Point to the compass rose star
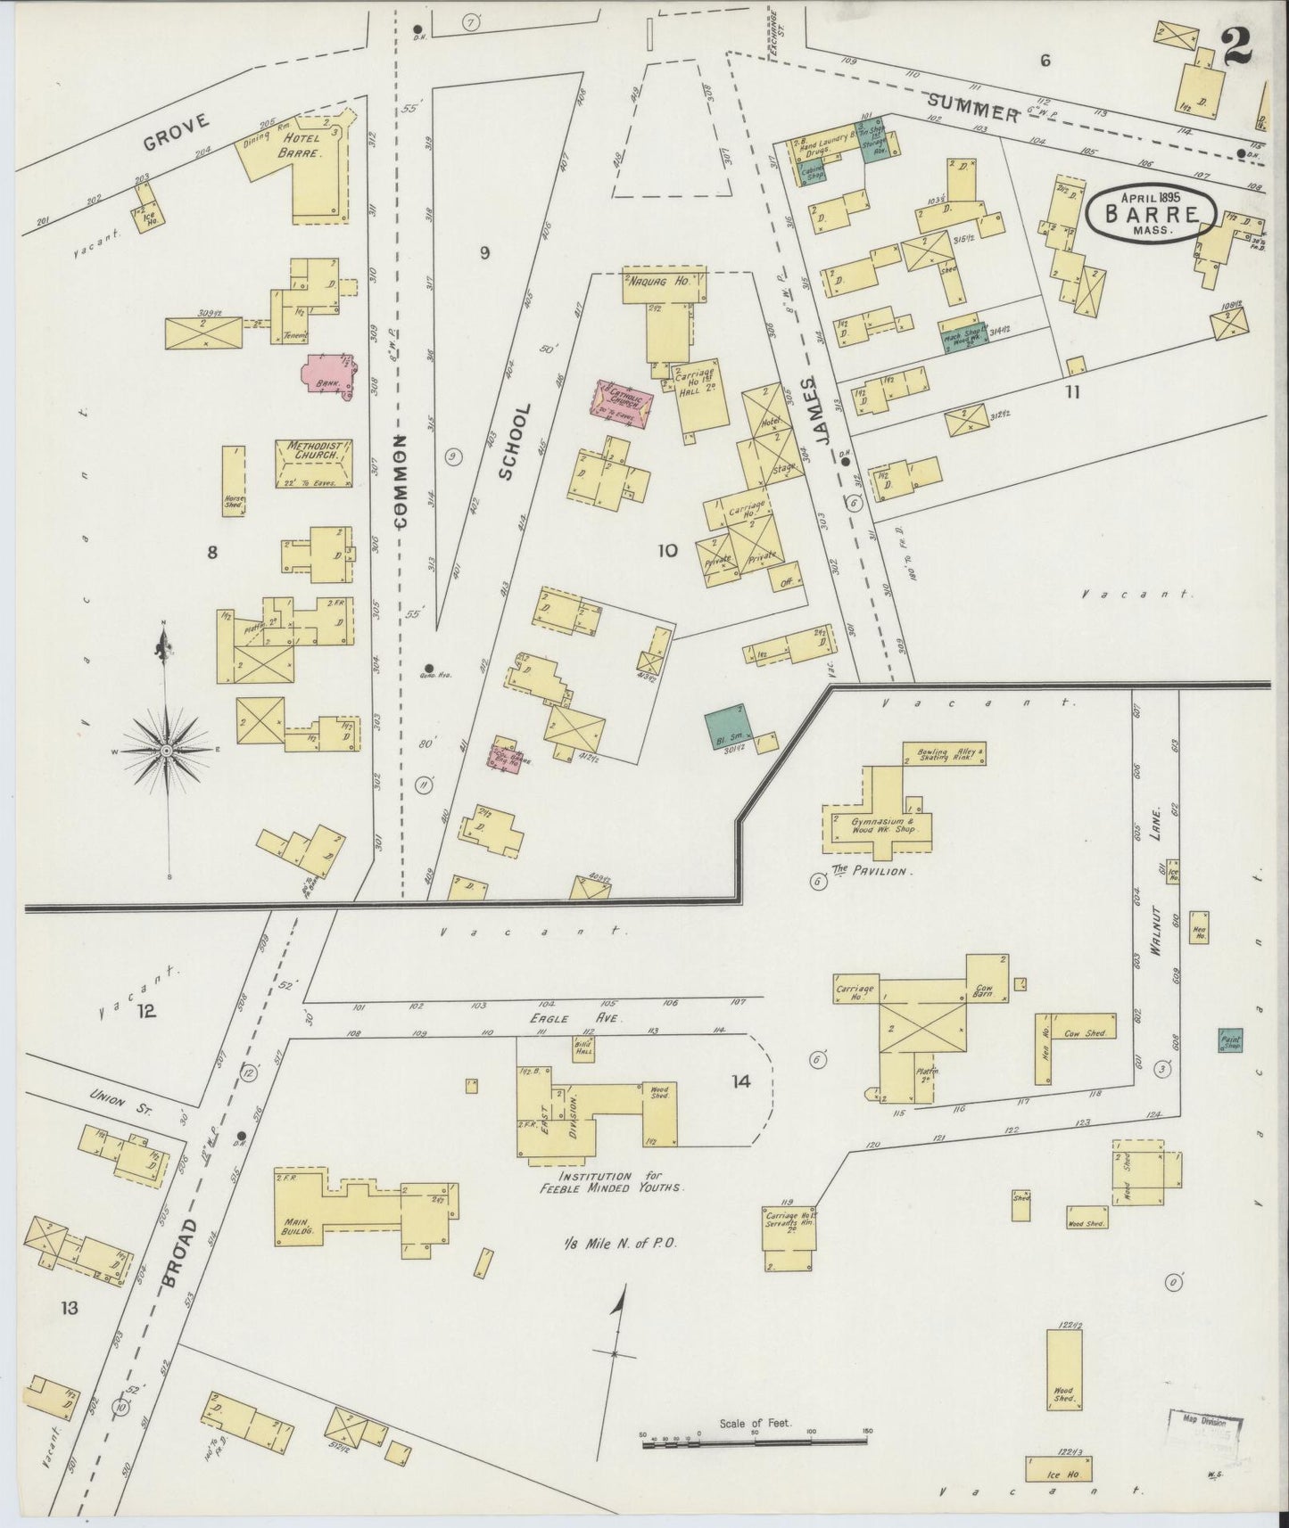[165, 741]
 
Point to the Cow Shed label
[1085, 1033]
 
